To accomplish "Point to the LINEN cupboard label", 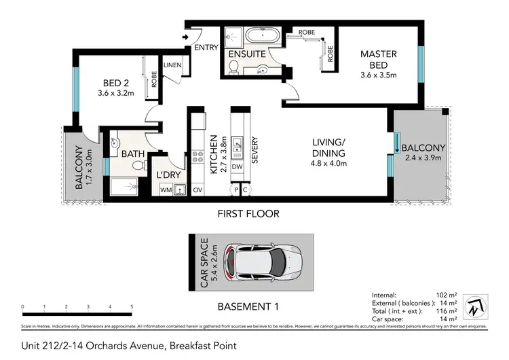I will [171, 65].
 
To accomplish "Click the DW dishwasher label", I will [237, 166].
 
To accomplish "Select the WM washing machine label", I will [165, 190].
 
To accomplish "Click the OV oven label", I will [199, 190].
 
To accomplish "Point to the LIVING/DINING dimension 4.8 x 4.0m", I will [328, 163].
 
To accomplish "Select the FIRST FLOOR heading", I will [248, 213].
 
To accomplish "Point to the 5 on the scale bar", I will [132, 307].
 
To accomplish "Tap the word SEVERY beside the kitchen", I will [255, 152].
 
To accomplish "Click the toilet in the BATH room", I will [138, 165].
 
